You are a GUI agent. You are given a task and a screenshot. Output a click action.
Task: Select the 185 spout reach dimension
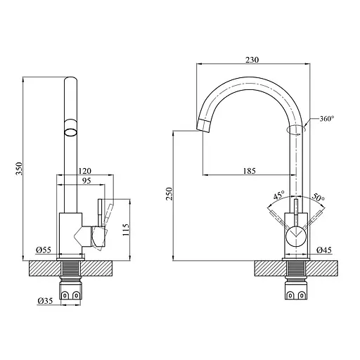tap(247, 170)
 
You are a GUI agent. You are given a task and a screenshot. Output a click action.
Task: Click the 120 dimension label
tap(85, 171)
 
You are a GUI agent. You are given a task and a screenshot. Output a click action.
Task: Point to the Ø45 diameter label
tap(323, 250)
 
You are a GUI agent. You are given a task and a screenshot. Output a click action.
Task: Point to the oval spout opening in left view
tap(72, 129)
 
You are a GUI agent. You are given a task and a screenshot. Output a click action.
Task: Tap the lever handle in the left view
tap(101, 218)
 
